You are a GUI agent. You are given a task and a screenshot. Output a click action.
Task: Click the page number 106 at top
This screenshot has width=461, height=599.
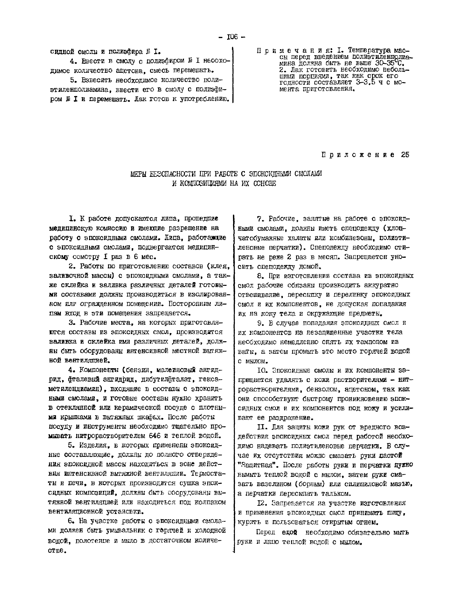click(232, 37)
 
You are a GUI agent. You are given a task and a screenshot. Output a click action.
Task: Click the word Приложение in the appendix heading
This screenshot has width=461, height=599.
click(358, 155)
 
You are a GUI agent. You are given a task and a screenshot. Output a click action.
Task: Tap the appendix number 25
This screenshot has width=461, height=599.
click(405, 155)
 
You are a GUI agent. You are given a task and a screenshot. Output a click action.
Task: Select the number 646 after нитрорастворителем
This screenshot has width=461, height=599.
click(155, 435)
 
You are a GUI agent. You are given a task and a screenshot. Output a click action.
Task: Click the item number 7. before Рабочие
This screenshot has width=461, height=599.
click(260, 219)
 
